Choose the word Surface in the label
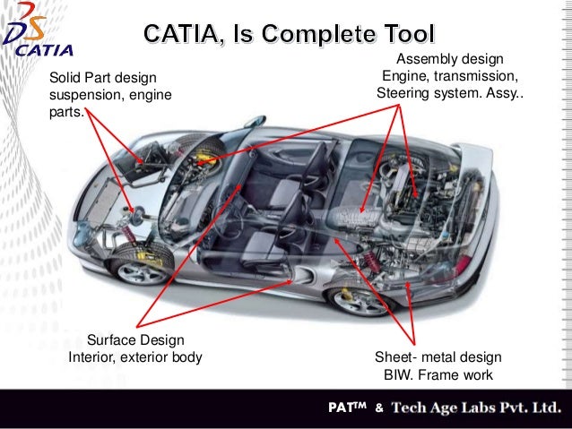coord(112,340)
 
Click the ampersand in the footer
coord(379,409)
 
